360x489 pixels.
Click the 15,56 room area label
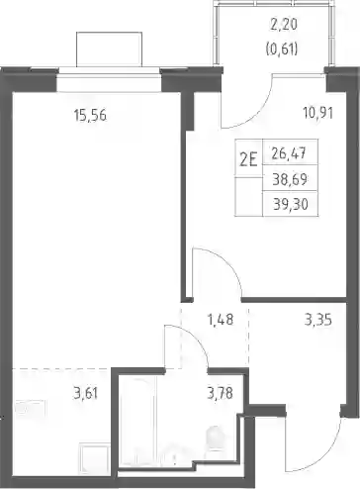[90, 116]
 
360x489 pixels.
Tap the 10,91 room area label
[317, 113]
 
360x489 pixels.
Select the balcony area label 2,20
[284, 25]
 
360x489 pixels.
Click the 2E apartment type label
[248, 161]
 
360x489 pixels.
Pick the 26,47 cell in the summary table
[290, 153]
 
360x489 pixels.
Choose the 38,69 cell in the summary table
[290, 180]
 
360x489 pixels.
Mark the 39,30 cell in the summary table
[291, 205]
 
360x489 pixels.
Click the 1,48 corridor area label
[221, 320]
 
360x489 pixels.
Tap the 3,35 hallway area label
[317, 320]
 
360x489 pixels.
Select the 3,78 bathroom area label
[221, 393]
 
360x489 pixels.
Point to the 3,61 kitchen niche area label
[85, 394]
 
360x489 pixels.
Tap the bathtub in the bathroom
[137, 422]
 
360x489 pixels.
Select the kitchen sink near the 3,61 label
[31, 409]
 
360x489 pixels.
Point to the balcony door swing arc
[254, 111]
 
